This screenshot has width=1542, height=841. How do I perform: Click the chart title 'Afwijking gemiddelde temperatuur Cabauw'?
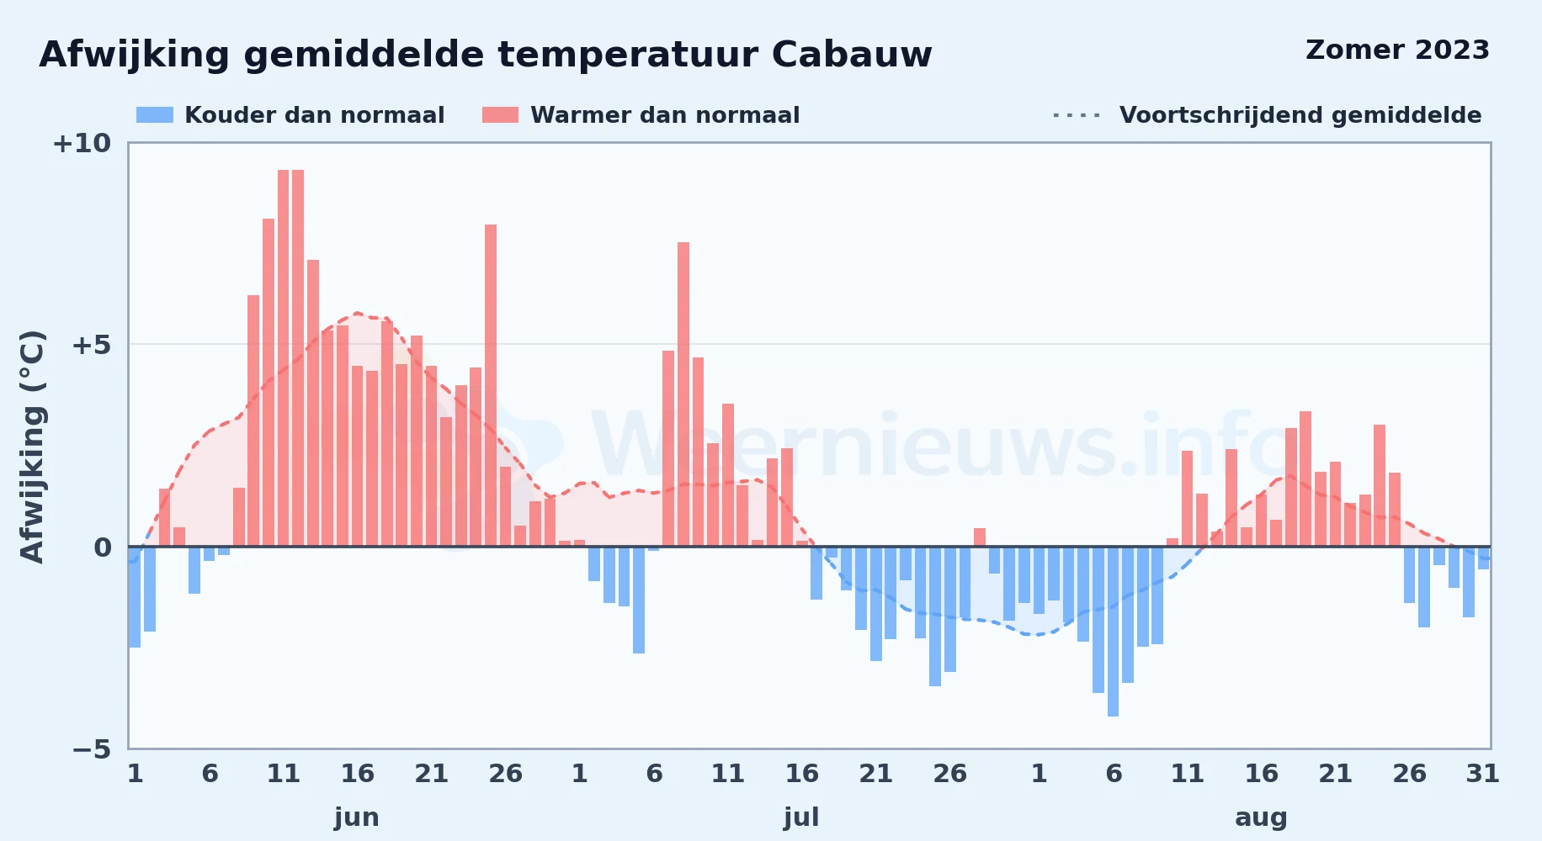coord(486,56)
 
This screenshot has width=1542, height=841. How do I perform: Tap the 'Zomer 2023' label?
coord(1397,50)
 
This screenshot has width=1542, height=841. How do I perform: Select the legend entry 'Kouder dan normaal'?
coord(290,115)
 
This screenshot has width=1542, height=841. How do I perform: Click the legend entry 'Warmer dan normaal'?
coord(641,115)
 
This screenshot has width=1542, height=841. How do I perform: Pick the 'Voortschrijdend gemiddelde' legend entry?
coord(1267,115)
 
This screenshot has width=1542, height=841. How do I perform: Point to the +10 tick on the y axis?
coord(82,143)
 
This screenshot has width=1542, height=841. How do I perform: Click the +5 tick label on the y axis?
coord(91,345)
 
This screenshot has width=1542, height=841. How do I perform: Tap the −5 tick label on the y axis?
coord(91,748)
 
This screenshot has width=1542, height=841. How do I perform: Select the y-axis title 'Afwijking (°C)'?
coord(32,446)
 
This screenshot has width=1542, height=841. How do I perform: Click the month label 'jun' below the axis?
coord(357,817)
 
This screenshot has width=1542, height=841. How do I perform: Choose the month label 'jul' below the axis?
coord(801,817)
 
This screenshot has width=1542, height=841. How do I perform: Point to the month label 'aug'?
coord(1261,817)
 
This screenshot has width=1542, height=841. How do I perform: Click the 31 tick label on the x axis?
coord(1482,773)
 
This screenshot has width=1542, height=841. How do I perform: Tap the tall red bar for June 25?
coord(491,385)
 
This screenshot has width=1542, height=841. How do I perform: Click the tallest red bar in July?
coord(683,394)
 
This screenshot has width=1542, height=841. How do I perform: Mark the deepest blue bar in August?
coord(1113,632)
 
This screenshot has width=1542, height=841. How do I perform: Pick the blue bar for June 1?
coord(135,597)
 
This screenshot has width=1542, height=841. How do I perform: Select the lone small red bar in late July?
coord(980,537)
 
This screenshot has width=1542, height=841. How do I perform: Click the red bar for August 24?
coord(1380,485)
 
